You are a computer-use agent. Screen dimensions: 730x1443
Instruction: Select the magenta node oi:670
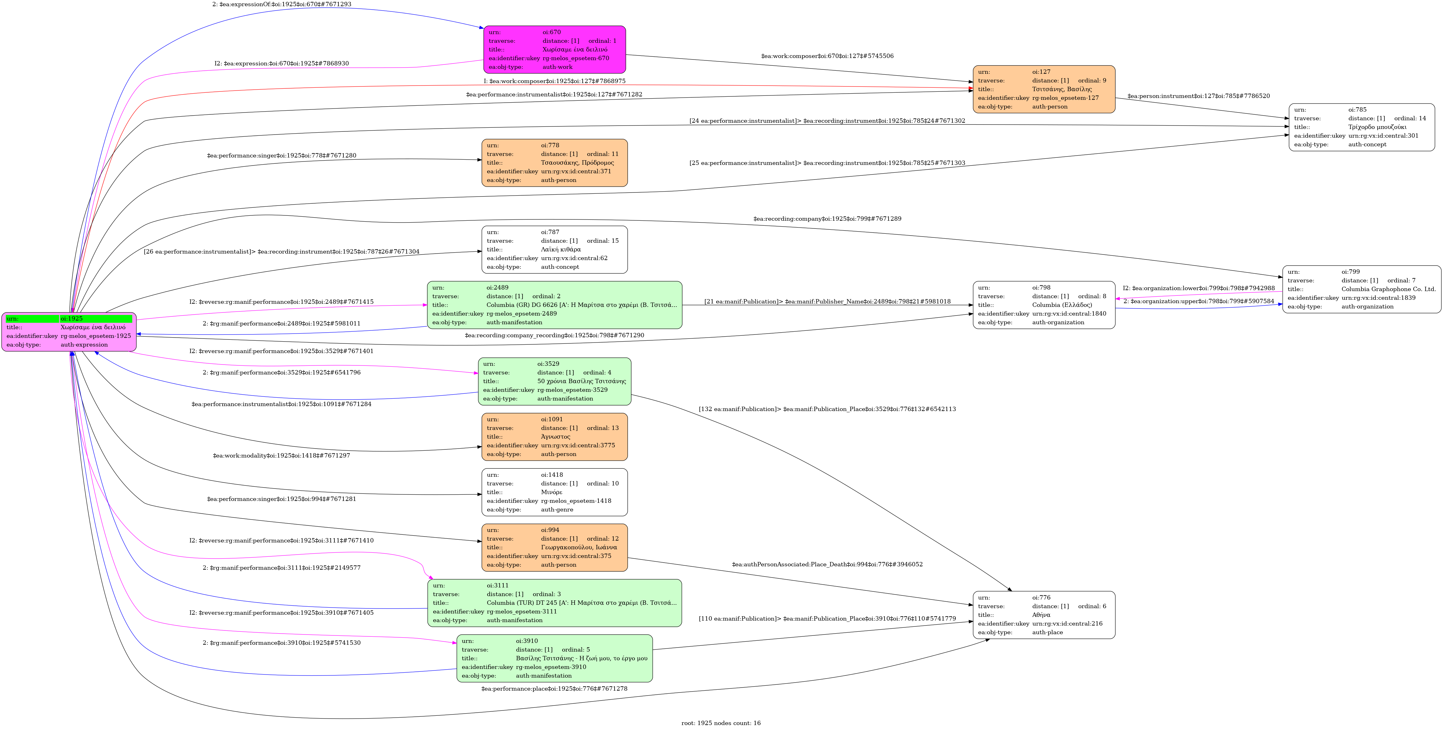pos(554,49)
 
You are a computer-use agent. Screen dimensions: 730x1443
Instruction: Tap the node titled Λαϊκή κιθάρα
pos(554,249)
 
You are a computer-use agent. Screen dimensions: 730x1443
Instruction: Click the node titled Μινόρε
pos(554,492)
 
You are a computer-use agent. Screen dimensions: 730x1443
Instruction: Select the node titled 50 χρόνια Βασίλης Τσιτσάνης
pos(554,381)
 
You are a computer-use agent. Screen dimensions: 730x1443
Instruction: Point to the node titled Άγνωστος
pos(554,436)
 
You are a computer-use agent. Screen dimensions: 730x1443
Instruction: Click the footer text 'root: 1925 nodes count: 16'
pos(721,723)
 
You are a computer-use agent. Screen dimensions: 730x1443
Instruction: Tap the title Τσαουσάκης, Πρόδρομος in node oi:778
pos(577,162)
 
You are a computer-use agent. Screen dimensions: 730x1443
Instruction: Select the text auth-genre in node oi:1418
pos(557,509)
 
